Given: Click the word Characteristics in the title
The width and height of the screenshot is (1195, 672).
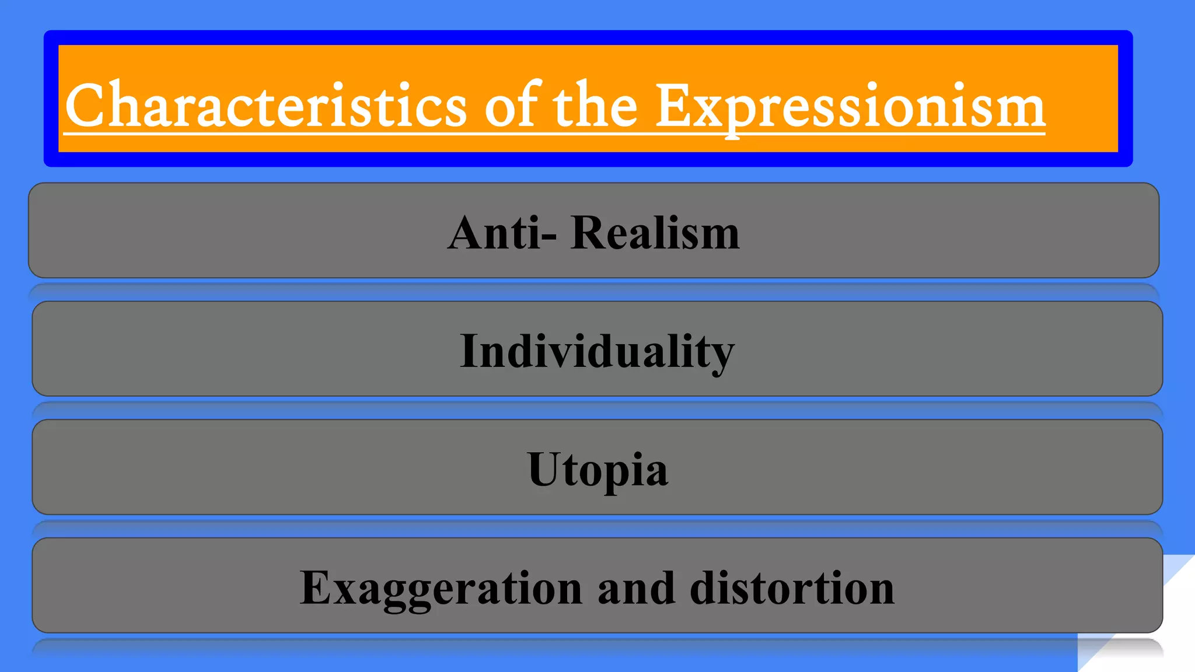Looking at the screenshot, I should (x=265, y=106).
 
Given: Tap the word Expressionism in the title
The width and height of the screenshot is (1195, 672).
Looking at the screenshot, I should (x=850, y=106).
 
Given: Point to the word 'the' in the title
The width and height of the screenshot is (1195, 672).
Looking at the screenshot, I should (x=595, y=106).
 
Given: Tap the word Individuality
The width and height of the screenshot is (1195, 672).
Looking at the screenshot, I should (x=597, y=352).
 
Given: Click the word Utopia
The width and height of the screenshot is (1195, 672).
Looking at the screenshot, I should (x=597, y=470).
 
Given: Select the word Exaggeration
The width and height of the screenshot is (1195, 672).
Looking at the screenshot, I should (x=441, y=588).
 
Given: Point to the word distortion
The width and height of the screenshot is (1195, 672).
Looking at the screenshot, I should (x=792, y=588).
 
